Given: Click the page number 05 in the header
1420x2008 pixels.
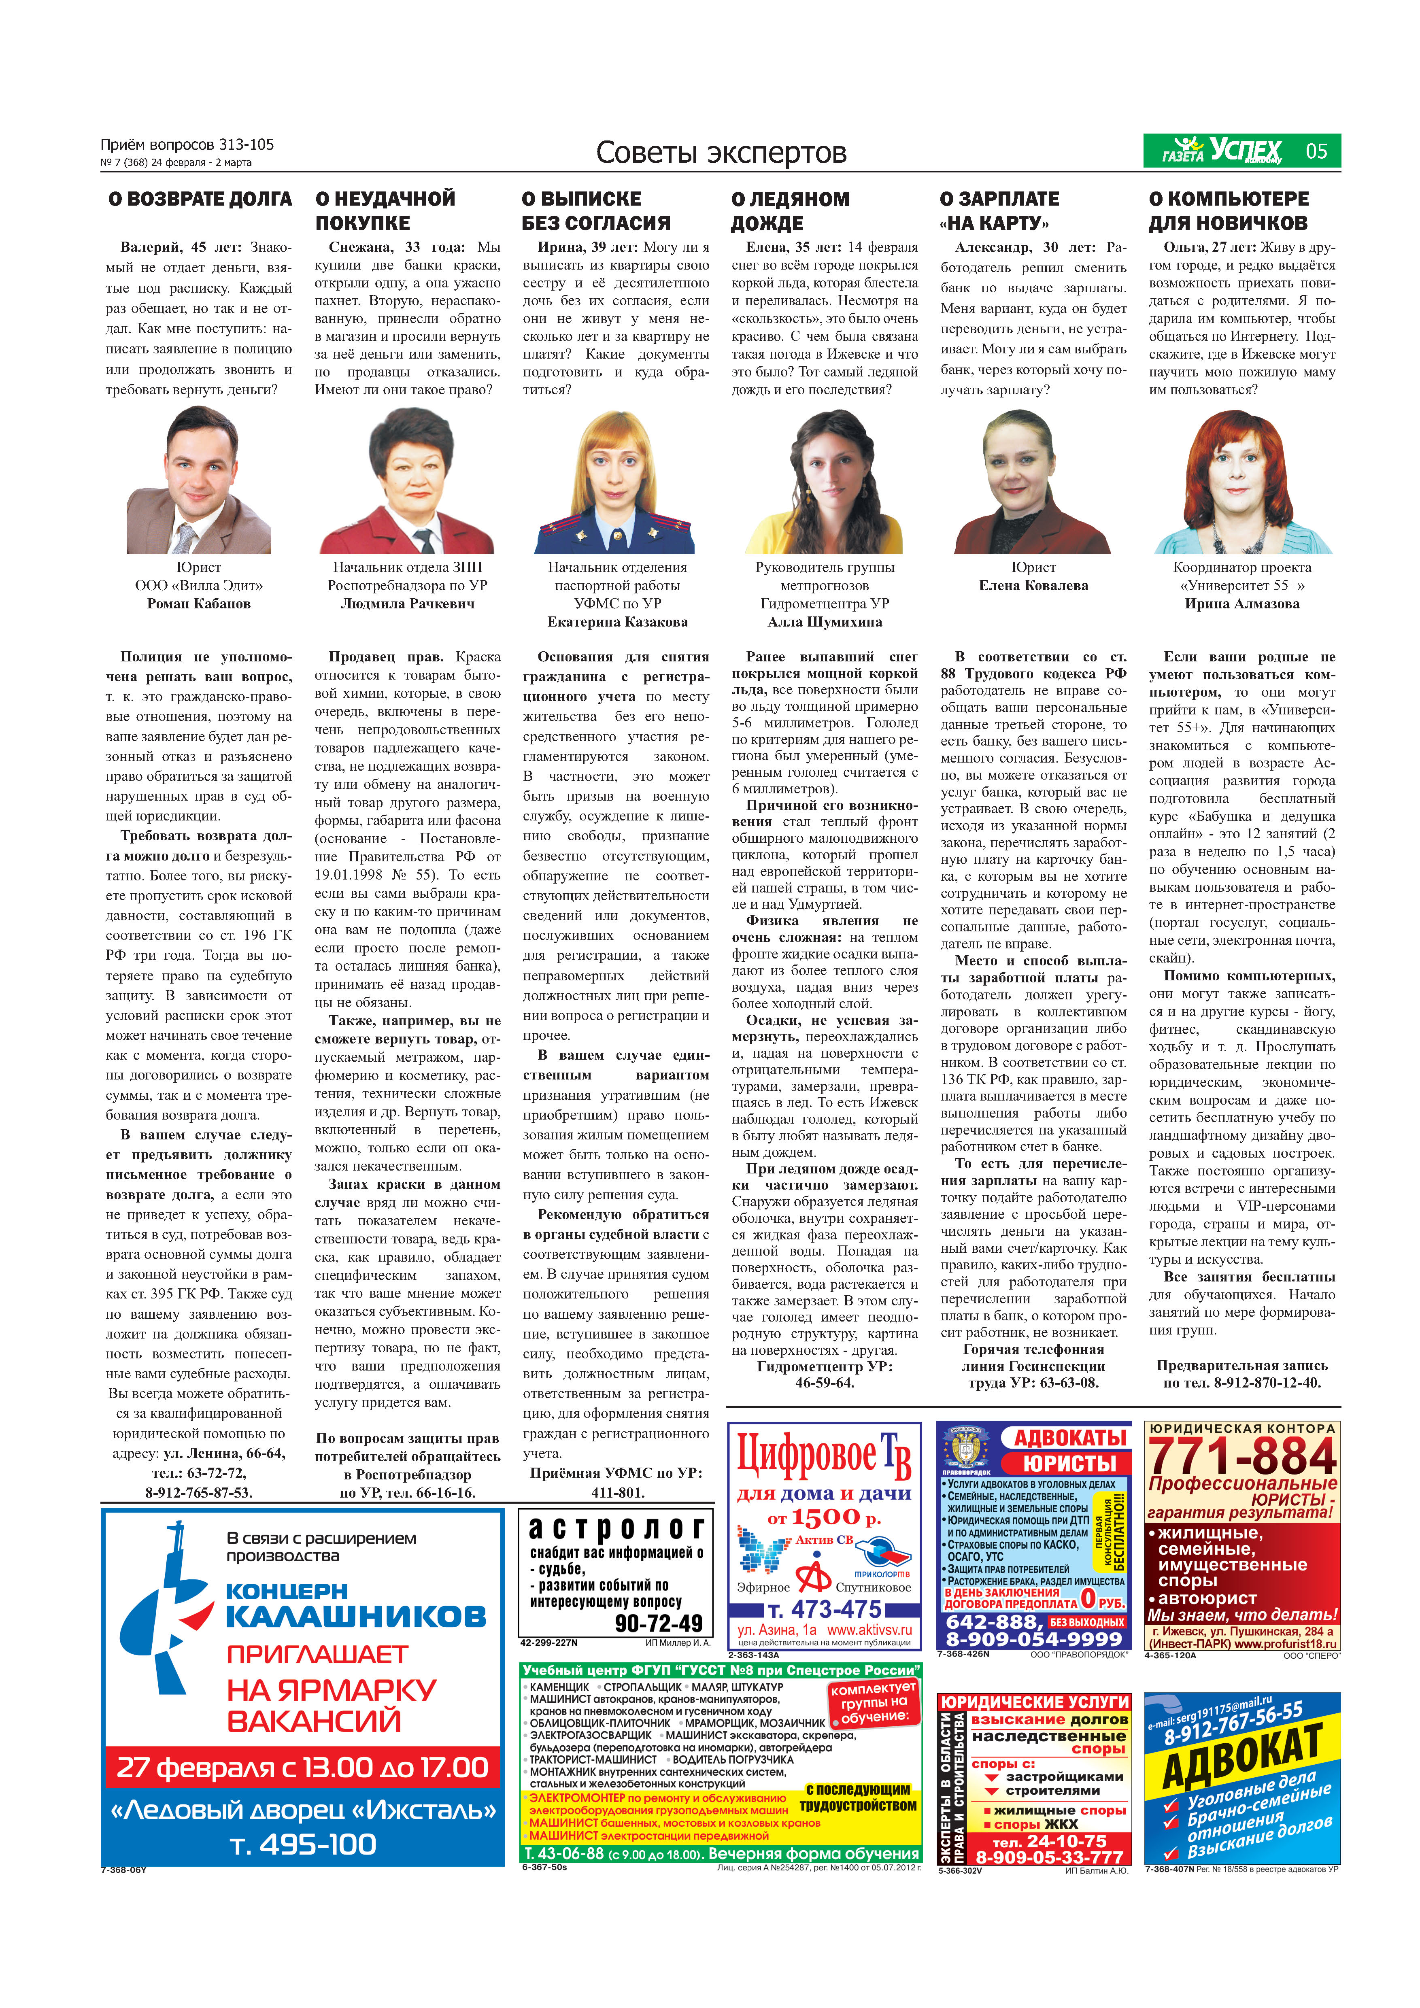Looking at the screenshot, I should (1316, 151).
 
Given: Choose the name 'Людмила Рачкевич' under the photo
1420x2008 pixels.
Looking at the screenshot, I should (408, 603).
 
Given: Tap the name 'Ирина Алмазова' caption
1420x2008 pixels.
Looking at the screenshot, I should (1241, 603).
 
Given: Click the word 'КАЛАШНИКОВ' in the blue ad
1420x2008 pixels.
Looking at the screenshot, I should (356, 1616).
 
